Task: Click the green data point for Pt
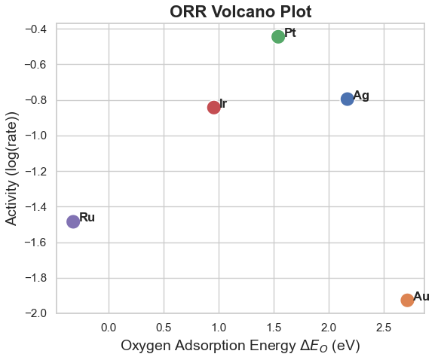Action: click(278, 37)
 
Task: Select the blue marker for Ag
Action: click(347, 99)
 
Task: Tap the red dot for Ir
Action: click(213, 108)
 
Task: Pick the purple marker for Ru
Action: click(73, 221)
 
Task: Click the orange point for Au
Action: click(407, 300)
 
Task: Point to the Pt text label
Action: click(290, 33)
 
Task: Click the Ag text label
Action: click(361, 96)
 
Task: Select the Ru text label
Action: click(87, 218)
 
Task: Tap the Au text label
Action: click(421, 297)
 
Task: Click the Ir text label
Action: click(223, 104)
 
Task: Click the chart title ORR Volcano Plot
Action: click(240, 11)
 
